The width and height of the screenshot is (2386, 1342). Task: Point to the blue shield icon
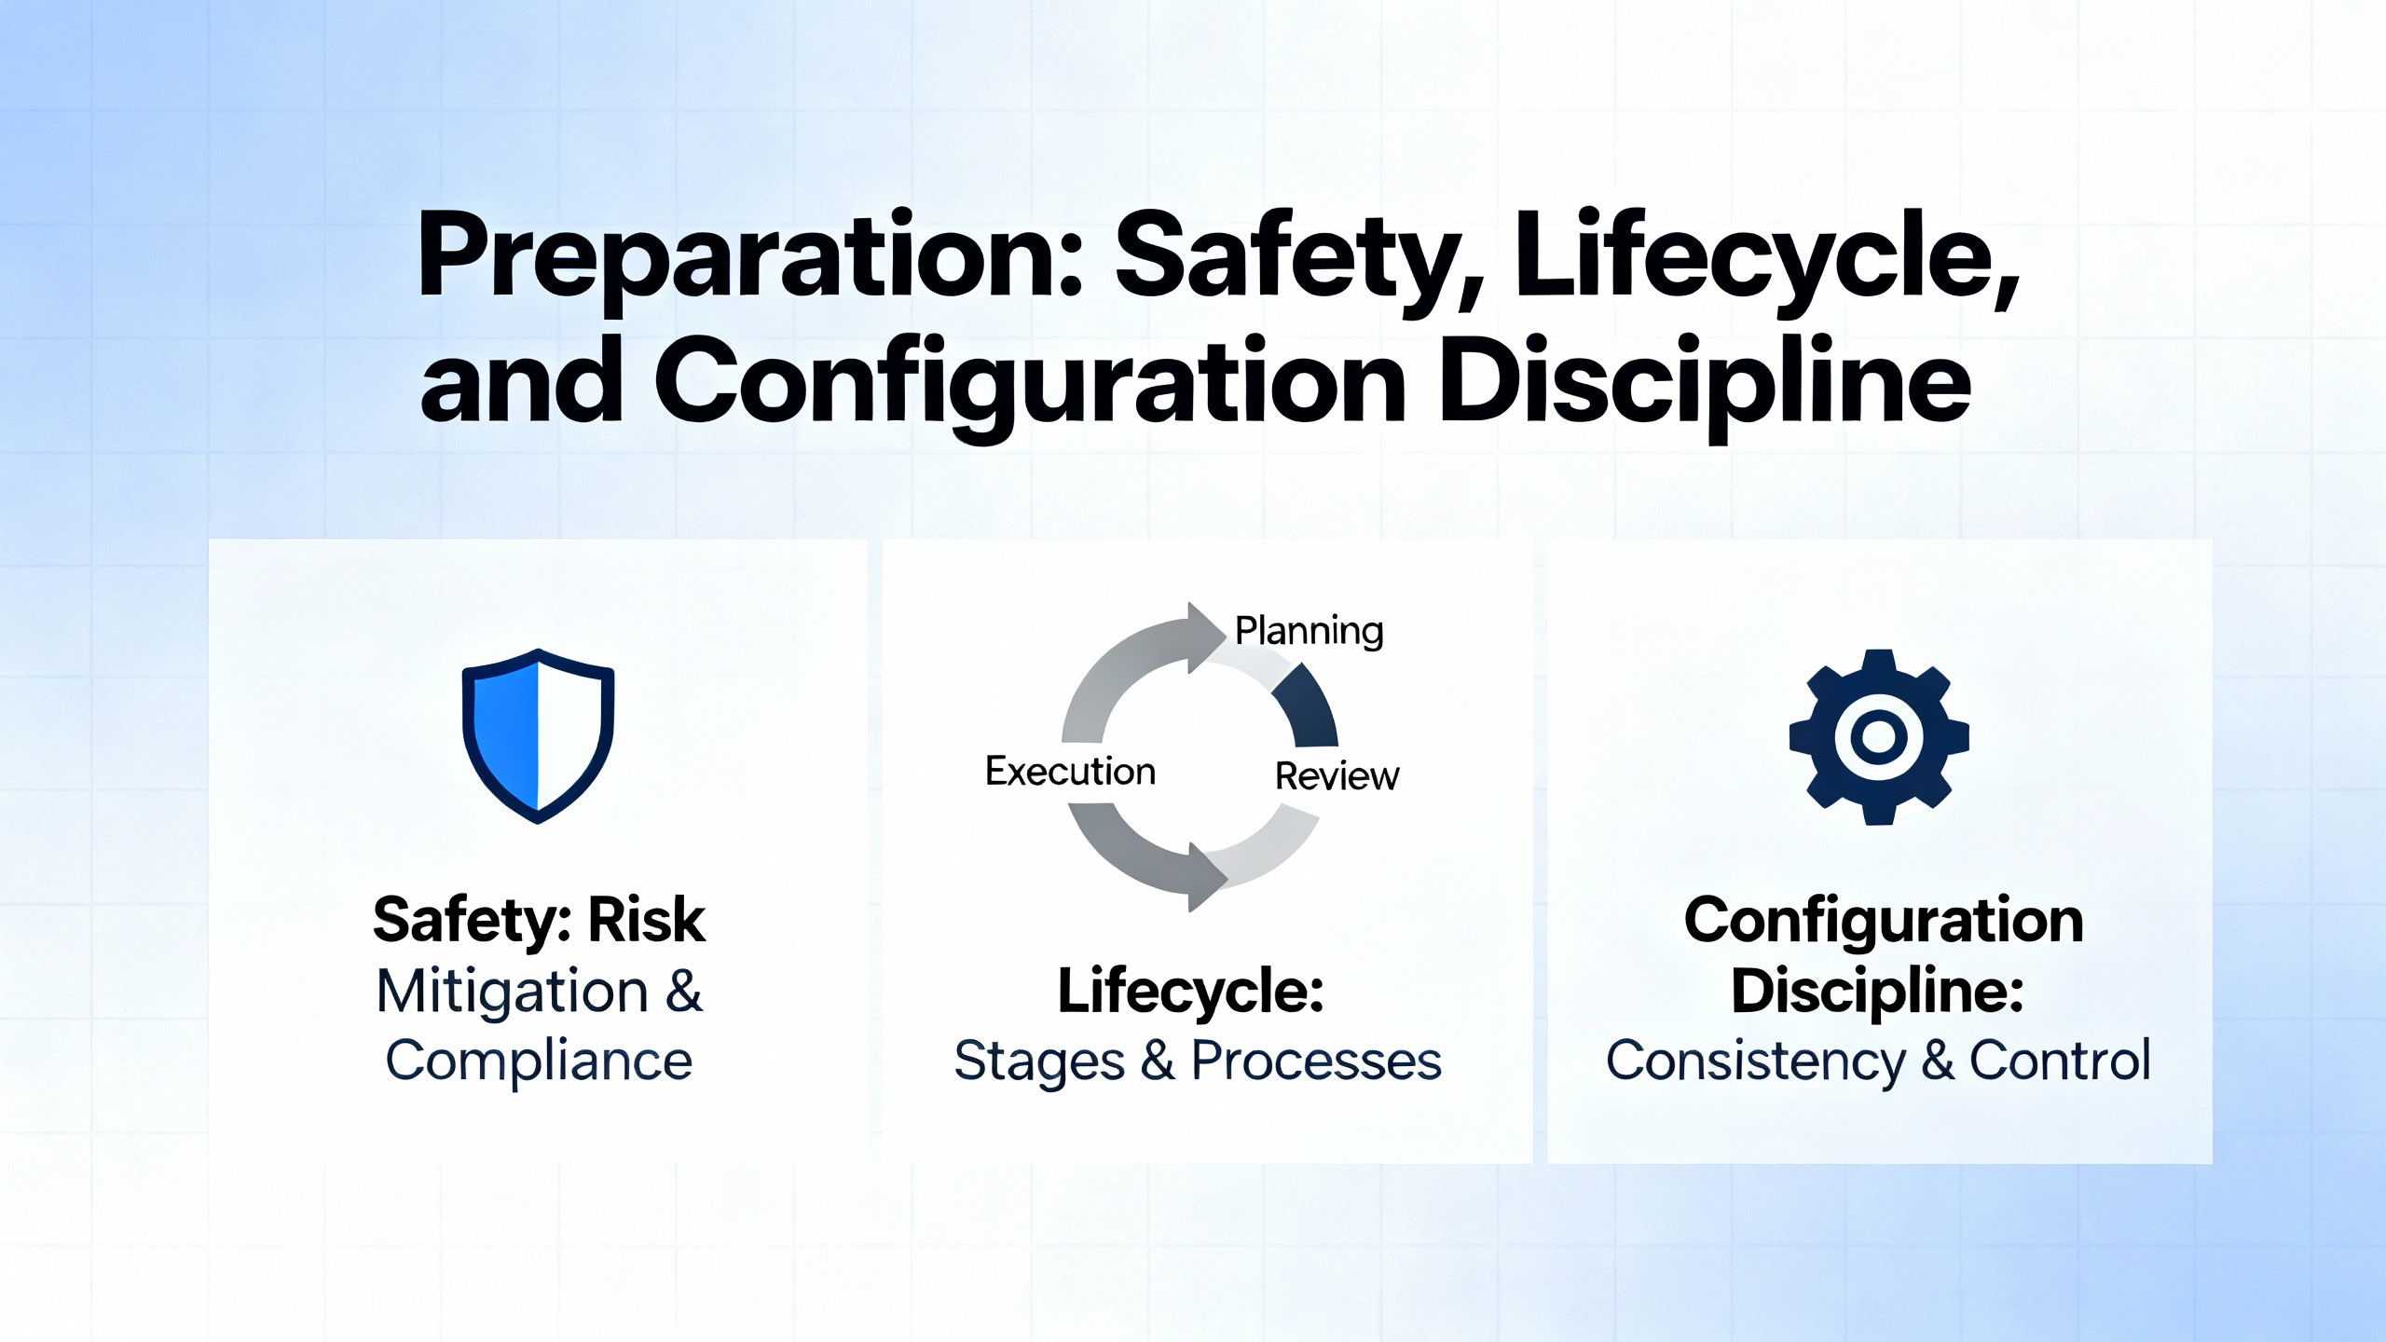[539, 735]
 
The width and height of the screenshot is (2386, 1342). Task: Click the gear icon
[1879, 737]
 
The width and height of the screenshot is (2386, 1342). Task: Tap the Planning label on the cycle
[1309, 631]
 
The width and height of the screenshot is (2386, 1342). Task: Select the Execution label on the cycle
[1070, 772]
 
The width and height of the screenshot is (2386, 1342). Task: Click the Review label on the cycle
[1337, 776]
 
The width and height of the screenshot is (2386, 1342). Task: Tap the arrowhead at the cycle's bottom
[1207, 877]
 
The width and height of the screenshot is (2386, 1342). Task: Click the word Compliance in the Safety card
[539, 1061]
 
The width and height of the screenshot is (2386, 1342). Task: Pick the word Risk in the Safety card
[647, 921]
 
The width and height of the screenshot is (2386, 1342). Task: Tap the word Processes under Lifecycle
[1317, 1061]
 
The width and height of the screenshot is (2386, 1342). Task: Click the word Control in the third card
[2060, 1061]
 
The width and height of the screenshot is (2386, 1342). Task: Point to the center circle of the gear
[1879, 737]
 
